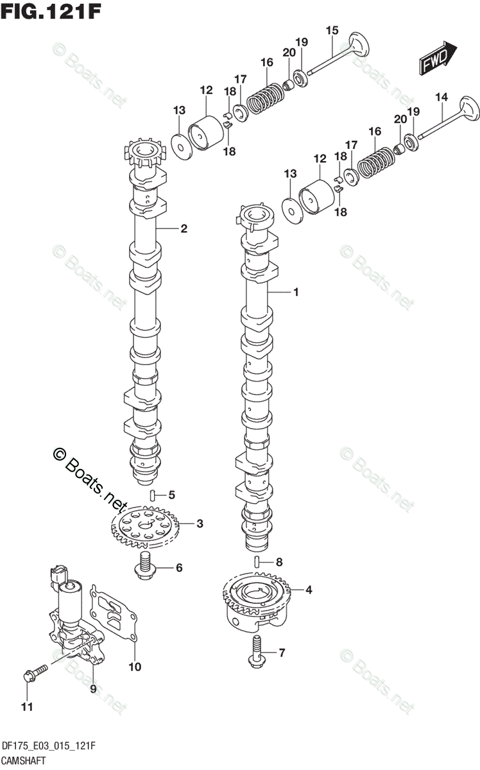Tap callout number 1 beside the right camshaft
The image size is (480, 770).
click(x=296, y=293)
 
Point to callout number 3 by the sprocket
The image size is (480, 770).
click(x=200, y=524)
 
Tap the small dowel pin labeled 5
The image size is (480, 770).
click(x=153, y=494)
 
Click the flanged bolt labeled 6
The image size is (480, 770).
click(x=146, y=565)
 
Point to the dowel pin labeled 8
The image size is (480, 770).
click(x=257, y=561)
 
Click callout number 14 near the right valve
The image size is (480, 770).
click(x=440, y=97)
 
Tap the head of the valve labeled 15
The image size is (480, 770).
click(x=359, y=48)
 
